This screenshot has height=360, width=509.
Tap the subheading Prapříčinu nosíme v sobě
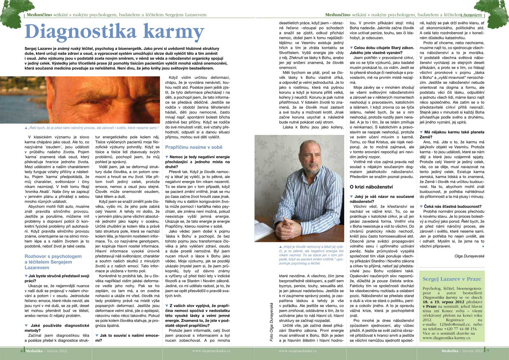click(194, 147)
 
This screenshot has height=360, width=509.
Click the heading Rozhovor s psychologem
click(53, 256)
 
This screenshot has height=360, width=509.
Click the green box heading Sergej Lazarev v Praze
click(452, 279)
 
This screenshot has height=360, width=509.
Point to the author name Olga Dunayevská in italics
click(469, 256)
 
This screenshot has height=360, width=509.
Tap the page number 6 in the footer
click(22, 351)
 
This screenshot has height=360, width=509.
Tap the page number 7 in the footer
click(488, 351)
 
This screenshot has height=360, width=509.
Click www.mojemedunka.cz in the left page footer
click(211, 351)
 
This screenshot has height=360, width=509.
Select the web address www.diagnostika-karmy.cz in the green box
click(449, 338)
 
